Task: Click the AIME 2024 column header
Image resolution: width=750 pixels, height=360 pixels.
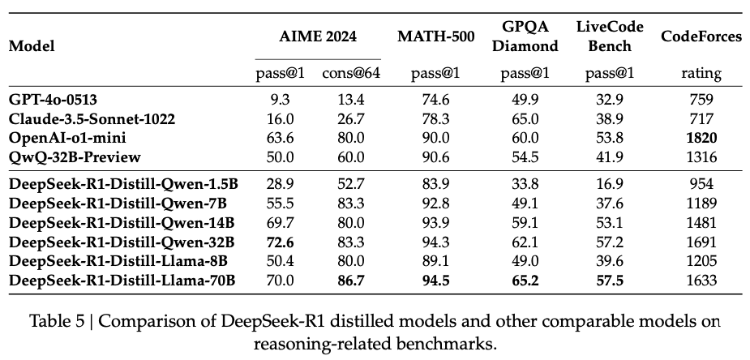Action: pos(318,36)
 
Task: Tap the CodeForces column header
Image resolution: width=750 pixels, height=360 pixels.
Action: pos(701,36)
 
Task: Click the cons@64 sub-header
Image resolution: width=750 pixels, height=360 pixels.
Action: pos(351,74)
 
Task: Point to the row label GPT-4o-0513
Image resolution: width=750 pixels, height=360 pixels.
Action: pos(54,100)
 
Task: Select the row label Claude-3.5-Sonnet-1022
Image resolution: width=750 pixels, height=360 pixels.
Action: pos(92,119)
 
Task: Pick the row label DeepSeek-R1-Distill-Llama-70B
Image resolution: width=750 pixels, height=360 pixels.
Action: pos(122,281)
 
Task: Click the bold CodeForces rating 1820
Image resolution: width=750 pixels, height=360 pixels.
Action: pos(701,138)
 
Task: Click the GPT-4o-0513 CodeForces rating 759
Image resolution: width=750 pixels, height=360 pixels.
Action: pos(701,100)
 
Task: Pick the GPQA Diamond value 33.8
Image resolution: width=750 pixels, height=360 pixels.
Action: pos(523,186)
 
